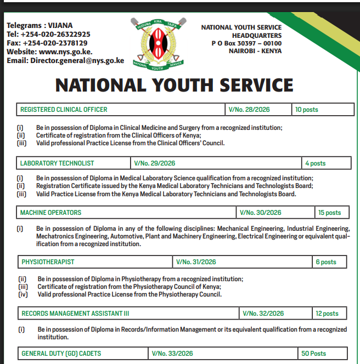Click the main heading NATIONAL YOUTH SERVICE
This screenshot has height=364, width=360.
pyautogui.click(x=175, y=86)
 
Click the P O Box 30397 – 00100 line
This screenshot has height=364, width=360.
pyautogui.click(x=246, y=43)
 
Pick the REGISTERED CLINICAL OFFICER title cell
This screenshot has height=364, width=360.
pyautogui.click(x=64, y=110)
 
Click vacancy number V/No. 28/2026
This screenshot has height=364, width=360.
pyautogui.click(x=250, y=110)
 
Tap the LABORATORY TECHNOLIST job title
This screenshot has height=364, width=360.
pyautogui.click(x=57, y=163)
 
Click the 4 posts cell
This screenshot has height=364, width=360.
pyautogui.click(x=316, y=163)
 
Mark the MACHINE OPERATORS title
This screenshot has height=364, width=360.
pyautogui.click(x=50, y=213)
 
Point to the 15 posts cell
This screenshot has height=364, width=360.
pyautogui.click(x=329, y=213)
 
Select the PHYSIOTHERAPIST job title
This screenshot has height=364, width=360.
pyautogui.click(x=48, y=262)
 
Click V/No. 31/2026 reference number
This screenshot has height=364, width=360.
pyautogui.click(x=196, y=262)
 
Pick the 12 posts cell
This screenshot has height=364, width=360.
pyautogui.click(x=327, y=314)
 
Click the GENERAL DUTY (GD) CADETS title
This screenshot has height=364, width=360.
pyautogui.click(x=61, y=354)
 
